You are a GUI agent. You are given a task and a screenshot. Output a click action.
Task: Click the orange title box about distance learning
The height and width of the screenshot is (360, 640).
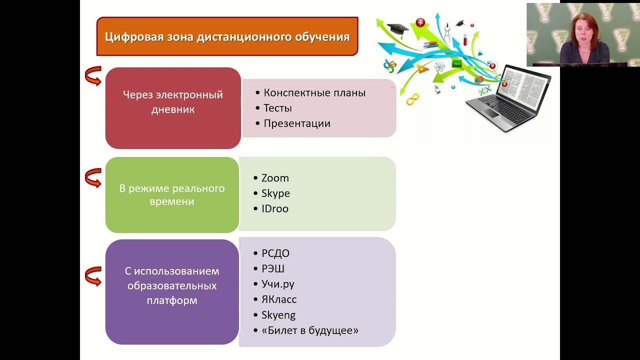[227, 36]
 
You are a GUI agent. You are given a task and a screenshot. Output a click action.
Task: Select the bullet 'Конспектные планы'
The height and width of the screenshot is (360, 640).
[314, 93]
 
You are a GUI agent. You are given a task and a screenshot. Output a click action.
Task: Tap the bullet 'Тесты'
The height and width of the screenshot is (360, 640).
[277, 108]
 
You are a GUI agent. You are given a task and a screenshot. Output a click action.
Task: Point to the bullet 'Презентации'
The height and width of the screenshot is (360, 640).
[297, 123]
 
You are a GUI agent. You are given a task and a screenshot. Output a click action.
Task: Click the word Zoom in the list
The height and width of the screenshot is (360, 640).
[275, 178]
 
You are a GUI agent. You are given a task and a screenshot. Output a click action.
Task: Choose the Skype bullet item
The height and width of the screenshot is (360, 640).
[275, 193]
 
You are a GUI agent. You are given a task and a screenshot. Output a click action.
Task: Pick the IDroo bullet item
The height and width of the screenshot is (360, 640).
[274, 208]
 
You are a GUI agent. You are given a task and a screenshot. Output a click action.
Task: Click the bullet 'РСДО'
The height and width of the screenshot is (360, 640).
[275, 253]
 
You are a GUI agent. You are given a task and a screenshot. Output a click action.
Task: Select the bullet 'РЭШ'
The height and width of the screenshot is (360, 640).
[272, 268]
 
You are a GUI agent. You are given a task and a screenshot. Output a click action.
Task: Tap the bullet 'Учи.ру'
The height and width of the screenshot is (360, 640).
[277, 284]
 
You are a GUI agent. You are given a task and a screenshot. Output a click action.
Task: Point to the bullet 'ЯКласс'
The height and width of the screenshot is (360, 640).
[278, 299]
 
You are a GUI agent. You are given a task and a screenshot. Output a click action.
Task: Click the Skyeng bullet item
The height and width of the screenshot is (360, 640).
[278, 315]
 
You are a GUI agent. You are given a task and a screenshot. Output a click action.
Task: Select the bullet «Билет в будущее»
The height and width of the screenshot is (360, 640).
[309, 330]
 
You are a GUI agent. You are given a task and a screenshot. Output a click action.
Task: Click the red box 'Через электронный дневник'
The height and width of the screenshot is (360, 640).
[173, 108]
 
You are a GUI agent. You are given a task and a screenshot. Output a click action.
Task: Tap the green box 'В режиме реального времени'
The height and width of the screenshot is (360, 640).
[172, 195]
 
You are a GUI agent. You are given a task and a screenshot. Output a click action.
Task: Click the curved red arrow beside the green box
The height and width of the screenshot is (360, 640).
[93, 177]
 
